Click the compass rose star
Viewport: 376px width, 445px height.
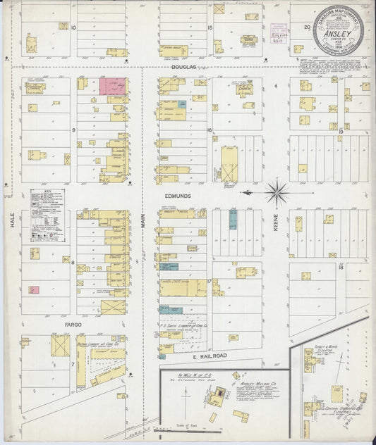(277, 192)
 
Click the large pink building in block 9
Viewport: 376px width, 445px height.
(111, 87)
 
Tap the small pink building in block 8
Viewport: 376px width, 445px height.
(32, 289)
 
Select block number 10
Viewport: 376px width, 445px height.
(73, 28)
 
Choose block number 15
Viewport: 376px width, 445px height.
(210, 28)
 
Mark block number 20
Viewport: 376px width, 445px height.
(306, 27)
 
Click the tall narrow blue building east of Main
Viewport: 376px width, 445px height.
(233, 220)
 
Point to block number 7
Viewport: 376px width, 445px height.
(73, 364)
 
